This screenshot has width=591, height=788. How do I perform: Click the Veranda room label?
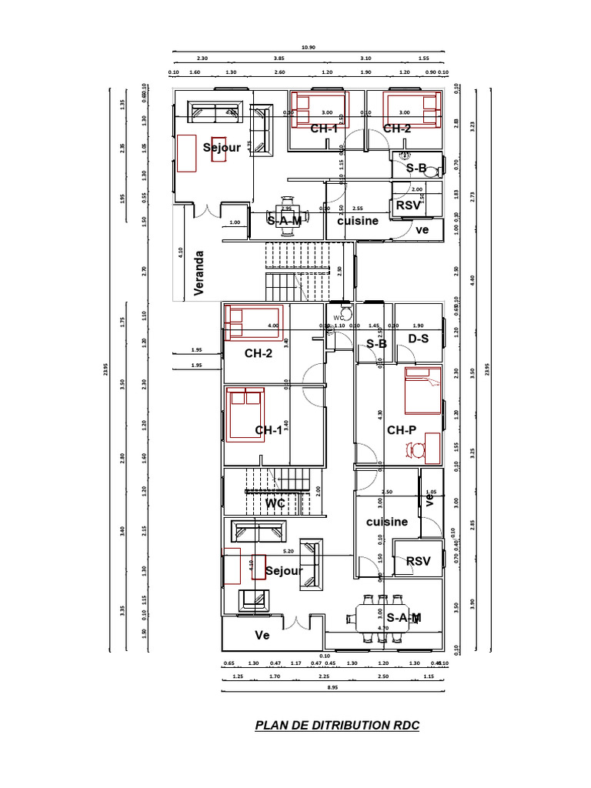tap(199, 272)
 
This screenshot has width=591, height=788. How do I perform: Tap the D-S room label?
tap(418, 339)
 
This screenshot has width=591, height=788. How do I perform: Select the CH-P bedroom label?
tap(401, 430)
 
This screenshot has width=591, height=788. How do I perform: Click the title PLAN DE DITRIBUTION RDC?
tap(337, 725)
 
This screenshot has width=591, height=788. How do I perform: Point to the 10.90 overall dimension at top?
tap(308, 47)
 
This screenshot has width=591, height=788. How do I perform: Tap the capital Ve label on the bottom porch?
tap(263, 636)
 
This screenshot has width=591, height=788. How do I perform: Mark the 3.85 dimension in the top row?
tap(279, 58)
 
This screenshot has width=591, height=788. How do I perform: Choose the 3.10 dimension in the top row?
tap(366, 58)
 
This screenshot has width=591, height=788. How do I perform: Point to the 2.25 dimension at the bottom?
tap(324, 676)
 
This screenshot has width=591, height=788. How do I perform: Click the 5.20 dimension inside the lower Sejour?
tap(289, 551)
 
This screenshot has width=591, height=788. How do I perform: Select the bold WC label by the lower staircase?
tap(275, 503)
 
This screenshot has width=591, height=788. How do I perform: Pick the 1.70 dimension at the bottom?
tap(275, 676)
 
